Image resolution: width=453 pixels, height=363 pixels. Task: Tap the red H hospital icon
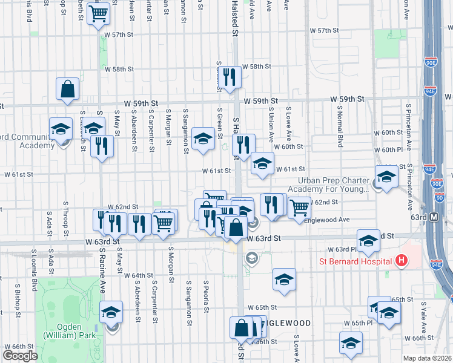pos(400,261)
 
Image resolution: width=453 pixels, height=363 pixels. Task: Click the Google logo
pos(20,356)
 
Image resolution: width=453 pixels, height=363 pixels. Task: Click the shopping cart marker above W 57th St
pos(99,13)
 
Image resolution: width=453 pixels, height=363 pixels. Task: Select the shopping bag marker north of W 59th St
pos(68,88)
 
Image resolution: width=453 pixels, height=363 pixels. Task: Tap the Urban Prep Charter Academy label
pos(333,185)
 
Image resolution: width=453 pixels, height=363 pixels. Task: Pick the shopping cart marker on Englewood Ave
pos(299,207)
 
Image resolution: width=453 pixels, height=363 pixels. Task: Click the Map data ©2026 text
pos(428,357)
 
